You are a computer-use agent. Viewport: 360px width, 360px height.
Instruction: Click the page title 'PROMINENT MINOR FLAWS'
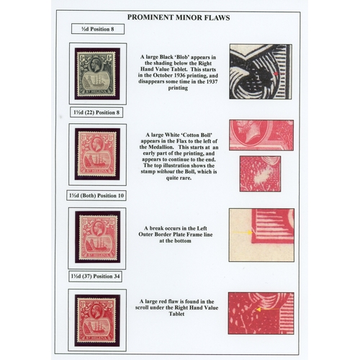point(179,17)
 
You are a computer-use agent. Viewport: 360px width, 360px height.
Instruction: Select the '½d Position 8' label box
point(98,29)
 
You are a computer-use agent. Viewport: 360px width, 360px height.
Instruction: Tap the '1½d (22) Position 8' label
point(96,112)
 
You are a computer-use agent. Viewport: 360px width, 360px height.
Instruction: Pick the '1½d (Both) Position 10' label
point(96,196)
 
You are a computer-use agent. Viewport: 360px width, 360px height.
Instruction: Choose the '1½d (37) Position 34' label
point(95,276)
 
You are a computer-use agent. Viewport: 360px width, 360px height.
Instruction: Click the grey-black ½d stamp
point(97,73)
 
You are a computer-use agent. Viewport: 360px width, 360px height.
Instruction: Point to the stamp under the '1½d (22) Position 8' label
point(97,154)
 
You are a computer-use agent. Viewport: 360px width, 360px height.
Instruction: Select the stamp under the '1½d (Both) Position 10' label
point(98,237)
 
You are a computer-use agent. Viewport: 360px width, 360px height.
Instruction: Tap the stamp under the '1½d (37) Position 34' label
point(97,320)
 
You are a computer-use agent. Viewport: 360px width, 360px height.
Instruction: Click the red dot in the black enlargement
point(276,74)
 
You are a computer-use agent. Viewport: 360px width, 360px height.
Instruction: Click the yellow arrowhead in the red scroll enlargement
point(258,310)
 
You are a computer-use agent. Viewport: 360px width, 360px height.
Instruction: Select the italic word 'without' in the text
point(166,172)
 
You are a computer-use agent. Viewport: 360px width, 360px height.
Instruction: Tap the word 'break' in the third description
point(157,228)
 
